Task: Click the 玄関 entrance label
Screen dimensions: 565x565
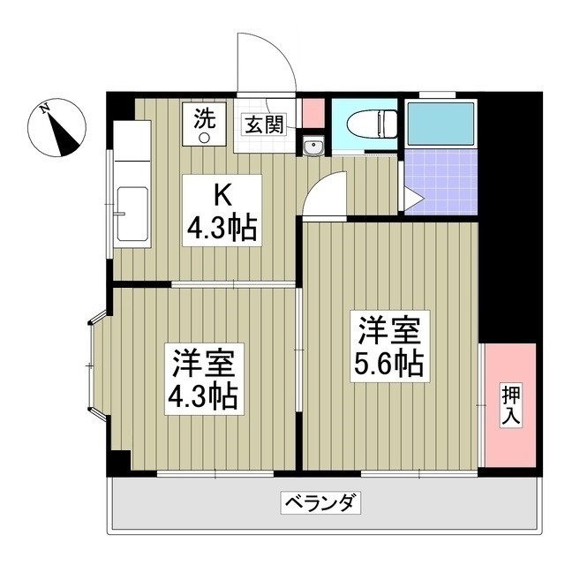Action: pyautogui.click(x=265, y=124)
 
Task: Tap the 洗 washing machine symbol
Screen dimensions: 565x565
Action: pyautogui.click(x=204, y=124)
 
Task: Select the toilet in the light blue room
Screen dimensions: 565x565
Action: pyautogui.click(x=372, y=124)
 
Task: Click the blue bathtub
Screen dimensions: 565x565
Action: pyautogui.click(x=441, y=124)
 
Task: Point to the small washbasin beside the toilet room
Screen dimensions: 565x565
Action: pyautogui.click(x=313, y=146)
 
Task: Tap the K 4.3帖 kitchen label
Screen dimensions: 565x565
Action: pyautogui.click(x=222, y=210)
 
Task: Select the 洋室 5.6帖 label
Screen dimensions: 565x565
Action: pyautogui.click(x=390, y=346)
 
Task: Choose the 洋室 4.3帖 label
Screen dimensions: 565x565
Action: pyautogui.click(x=204, y=379)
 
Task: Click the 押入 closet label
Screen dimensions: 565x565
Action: pyautogui.click(x=511, y=405)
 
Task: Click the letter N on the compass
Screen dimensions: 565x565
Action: pyautogui.click(x=45, y=108)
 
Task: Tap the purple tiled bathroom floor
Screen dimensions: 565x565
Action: pyautogui.click(x=441, y=182)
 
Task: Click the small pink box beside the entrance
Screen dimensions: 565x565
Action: pyautogui.click(x=313, y=113)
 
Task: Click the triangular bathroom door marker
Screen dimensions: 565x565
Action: pyautogui.click(x=413, y=198)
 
